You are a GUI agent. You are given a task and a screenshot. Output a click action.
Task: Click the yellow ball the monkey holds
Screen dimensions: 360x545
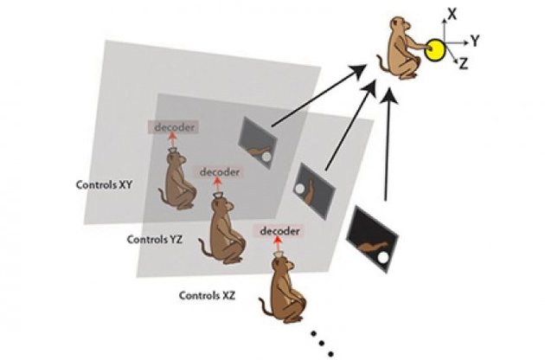[x=436, y=50]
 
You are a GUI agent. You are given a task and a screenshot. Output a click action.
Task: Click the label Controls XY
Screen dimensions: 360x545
[x=104, y=184]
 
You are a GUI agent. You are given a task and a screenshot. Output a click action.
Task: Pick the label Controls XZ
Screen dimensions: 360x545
[x=208, y=295]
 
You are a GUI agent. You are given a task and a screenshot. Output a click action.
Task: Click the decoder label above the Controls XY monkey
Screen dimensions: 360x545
[x=173, y=128]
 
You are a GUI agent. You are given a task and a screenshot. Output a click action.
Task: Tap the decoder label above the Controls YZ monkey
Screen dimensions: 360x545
[x=220, y=171]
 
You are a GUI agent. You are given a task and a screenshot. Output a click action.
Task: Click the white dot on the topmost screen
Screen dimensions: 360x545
[x=266, y=156]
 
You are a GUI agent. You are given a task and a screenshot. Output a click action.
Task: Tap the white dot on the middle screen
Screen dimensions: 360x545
[x=299, y=188]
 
